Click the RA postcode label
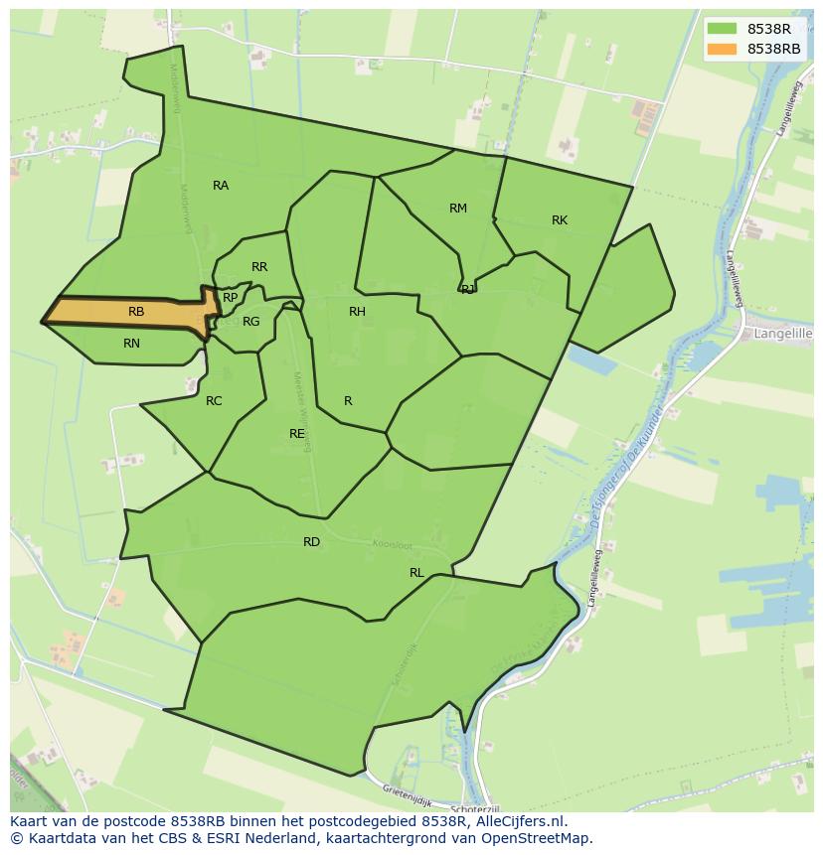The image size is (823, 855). pos(221,186)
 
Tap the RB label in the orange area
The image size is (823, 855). pos(136,312)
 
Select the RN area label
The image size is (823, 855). pos(131,344)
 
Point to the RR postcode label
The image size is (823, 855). pos(259,267)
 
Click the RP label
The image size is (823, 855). pos(231,298)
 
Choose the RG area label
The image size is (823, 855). pos(250,322)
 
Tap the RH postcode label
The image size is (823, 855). pos(357,312)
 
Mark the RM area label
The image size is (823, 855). pos(457,209)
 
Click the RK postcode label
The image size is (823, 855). pos(560,220)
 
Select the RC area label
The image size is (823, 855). pos(214,401)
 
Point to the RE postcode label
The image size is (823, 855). pos(297,434)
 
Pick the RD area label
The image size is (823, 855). pos(312,542)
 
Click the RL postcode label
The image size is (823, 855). pos(416,573)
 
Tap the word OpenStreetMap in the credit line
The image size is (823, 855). pos(538,838)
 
